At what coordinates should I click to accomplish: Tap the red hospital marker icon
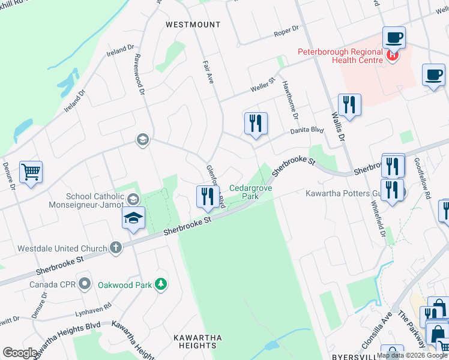click(x=392, y=56)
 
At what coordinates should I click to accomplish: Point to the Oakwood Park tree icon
click(x=160, y=283)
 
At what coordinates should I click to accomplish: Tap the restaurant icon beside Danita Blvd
click(x=256, y=123)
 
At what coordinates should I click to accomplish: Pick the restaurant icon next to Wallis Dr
click(x=349, y=105)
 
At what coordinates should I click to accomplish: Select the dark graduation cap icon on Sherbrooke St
click(x=134, y=218)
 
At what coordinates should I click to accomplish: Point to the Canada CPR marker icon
click(x=86, y=283)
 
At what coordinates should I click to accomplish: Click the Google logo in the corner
click(x=20, y=353)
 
